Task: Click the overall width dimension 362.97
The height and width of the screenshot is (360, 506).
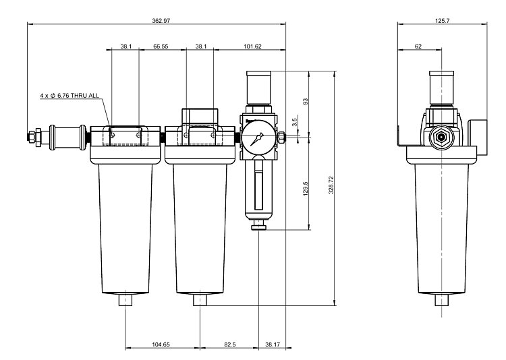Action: coord(161,22)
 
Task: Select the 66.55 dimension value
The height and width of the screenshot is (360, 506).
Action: coord(161,47)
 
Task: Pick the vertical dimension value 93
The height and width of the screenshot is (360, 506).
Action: coord(305,102)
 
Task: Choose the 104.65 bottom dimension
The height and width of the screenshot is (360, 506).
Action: coord(161,344)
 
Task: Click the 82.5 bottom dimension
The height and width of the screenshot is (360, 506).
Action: coord(229,344)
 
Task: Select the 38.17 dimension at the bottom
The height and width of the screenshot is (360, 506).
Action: coord(272,344)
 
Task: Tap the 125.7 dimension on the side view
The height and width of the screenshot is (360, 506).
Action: coord(443,22)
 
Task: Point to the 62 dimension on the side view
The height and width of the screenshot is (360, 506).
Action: coord(418,47)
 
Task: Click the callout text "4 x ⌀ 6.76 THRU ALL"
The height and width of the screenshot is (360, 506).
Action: coord(69,96)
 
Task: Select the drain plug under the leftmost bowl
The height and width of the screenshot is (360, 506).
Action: coord(126,299)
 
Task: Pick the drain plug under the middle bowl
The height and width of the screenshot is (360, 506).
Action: coord(200,299)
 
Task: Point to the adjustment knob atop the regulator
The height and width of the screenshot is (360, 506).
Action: coord(260,86)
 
